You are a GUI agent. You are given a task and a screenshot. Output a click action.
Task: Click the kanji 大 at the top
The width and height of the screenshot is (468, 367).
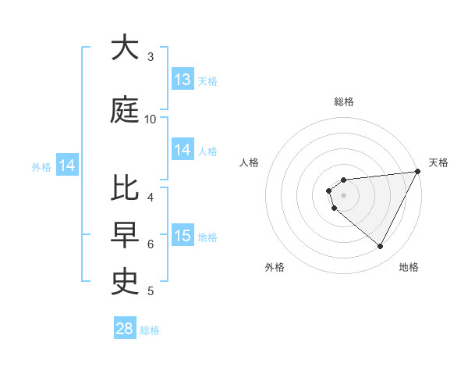pos(125,48)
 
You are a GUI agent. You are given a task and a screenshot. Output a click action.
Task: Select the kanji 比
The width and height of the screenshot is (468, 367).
pos(125,191)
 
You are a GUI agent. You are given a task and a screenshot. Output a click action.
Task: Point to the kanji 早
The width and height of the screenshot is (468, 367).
pos(125,234)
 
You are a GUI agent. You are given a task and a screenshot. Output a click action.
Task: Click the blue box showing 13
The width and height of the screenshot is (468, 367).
pos(183,80)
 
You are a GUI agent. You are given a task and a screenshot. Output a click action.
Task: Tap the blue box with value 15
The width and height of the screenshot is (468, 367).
pos(183,236)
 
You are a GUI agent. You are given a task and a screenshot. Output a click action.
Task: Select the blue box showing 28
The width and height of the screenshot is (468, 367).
pos(125,329)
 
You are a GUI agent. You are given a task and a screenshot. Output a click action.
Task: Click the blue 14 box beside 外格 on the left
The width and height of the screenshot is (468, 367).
pos(66,166)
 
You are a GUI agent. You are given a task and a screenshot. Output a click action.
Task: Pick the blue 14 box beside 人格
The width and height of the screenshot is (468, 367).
pos(183,150)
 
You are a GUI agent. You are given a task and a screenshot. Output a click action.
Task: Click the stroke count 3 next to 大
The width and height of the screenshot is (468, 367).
pos(151,57)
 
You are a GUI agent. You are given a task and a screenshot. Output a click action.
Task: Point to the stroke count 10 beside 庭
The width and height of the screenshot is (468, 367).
pos(151,119)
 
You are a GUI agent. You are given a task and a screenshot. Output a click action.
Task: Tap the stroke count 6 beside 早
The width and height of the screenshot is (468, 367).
pos(151,244)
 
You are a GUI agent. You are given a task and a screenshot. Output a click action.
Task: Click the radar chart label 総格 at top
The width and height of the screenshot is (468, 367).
pos(343,102)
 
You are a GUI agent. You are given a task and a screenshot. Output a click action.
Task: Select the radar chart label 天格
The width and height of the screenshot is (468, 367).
pos(438,162)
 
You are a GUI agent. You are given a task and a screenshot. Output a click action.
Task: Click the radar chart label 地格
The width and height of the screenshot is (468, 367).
pos(409,267)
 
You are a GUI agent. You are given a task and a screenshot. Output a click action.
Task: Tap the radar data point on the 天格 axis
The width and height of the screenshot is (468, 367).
pos(417,171)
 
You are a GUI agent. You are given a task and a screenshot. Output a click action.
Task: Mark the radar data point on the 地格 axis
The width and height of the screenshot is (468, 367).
pos(381,247)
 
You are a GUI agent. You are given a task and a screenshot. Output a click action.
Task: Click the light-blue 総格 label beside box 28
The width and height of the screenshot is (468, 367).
pos(150,330)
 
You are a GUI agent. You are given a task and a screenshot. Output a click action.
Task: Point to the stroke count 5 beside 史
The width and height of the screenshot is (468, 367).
pos(151,291)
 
